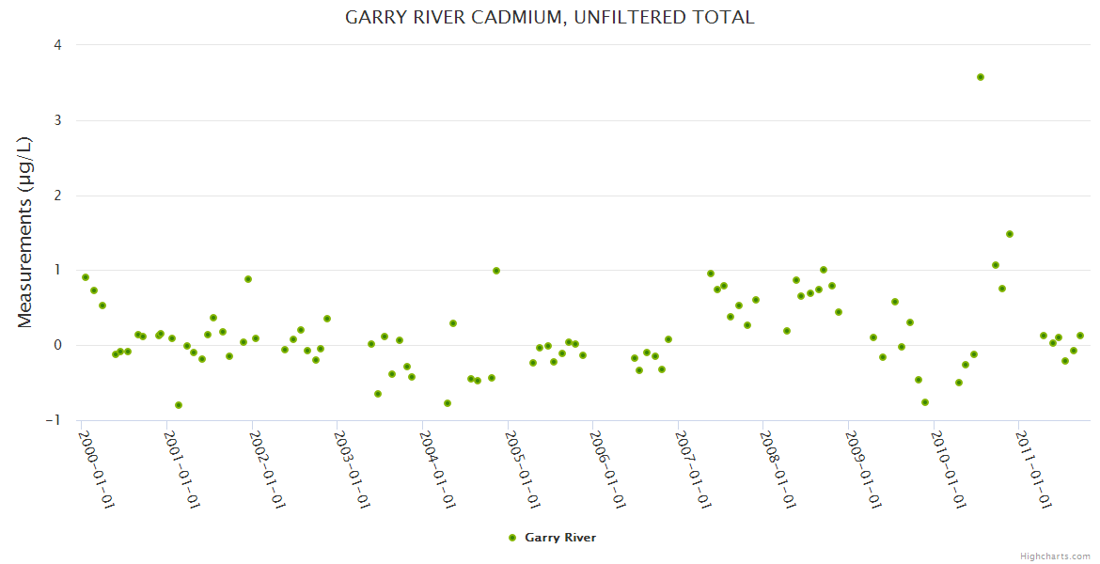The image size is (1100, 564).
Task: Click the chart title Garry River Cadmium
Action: [x=550, y=17]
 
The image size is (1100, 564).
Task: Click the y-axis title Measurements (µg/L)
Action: [x=25, y=232]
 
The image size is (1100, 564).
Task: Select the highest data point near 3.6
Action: [x=981, y=77]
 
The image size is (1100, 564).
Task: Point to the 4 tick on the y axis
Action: [x=58, y=45]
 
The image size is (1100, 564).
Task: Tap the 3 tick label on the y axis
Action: [x=58, y=120]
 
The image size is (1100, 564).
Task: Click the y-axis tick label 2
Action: [x=58, y=196]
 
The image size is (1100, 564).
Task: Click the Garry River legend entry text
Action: [x=560, y=538]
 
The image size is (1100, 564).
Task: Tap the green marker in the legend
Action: [x=512, y=538]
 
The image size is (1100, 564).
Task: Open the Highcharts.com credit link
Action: [x=1055, y=556]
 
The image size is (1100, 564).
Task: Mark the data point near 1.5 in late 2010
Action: [x=1010, y=234]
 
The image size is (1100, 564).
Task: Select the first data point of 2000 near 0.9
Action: [x=86, y=277]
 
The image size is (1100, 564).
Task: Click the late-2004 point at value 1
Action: [x=496, y=271]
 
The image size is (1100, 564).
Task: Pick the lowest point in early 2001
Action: [x=179, y=405]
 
